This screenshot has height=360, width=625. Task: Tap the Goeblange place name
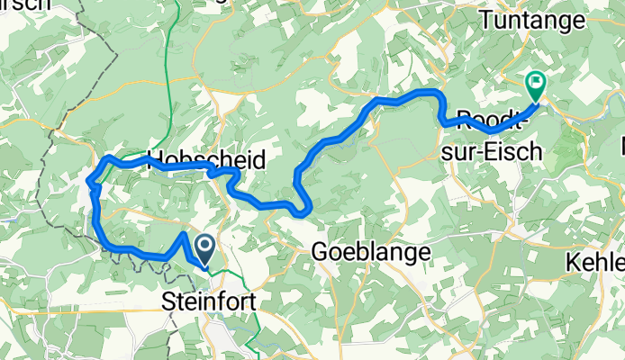tap(370, 254)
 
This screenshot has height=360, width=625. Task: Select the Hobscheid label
tap(205, 161)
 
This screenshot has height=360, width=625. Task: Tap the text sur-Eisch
tap(492, 151)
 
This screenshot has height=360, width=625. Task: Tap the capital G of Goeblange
tap(319, 254)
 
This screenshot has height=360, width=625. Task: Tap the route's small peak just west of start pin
tap(184, 235)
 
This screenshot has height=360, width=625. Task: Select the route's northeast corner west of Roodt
tap(437, 93)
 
